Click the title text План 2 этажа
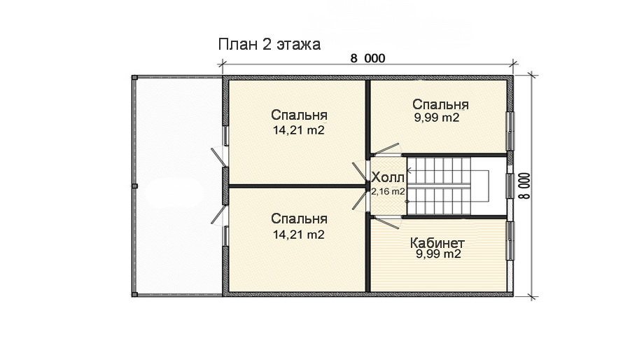pos(269,45)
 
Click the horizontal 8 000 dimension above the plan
pos(367,59)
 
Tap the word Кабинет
pos(437,242)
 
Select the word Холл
pos(388,176)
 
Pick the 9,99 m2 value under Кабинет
pos(437,255)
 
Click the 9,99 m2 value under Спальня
pos(437,118)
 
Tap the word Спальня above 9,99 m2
pos(440,104)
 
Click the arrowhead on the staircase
pos(409,169)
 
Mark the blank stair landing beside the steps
pos(490,186)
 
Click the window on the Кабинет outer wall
pos(510,241)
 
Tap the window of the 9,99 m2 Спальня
pos(510,130)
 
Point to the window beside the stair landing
pos(510,186)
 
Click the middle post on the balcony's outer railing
pos(134,186)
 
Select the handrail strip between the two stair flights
pos(441,186)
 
